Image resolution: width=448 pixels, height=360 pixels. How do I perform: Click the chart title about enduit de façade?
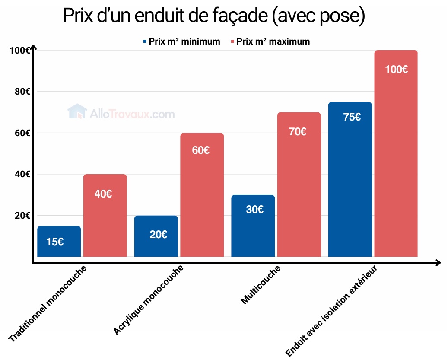214,16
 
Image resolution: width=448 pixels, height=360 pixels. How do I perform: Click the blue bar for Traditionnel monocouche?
59,242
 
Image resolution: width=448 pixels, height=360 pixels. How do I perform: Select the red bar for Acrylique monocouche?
202,194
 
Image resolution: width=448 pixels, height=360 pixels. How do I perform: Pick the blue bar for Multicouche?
253,226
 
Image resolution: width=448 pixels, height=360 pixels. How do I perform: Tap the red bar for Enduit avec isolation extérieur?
396,153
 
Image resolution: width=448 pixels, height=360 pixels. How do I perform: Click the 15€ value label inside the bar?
55,242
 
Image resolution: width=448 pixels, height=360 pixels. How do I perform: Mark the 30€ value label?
255,210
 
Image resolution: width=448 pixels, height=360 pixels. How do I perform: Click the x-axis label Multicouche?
261,285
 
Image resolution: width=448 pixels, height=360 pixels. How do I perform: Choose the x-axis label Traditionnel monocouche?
48,304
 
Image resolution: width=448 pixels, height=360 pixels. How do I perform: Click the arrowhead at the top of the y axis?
33,47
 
